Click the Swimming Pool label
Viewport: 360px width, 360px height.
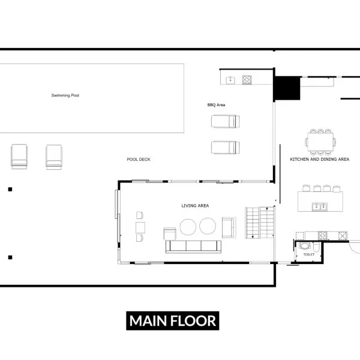(x=65, y=95)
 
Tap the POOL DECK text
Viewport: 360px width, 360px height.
(x=139, y=160)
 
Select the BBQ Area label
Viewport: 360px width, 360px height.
(x=216, y=105)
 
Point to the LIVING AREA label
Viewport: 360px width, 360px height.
(x=195, y=206)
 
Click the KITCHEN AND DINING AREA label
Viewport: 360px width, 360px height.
(x=320, y=160)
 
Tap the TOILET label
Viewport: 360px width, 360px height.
(x=309, y=254)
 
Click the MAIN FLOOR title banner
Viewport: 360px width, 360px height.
(x=173, y=321)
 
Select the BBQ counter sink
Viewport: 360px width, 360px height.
(x=230, y=80)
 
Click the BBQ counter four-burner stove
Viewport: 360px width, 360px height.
(x=247, y=80)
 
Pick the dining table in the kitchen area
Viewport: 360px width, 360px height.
(x=320, y=142)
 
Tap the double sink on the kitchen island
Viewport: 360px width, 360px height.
(x=320, y=206)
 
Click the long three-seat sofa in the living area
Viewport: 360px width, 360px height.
(x=193, y=247)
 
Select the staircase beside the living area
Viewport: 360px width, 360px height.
(x=260, y=223)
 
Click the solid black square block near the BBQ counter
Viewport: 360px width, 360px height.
(x=287, y=88)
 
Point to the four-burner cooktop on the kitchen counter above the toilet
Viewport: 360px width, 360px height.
(x=322, y=236)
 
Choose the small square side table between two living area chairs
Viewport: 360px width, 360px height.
(x=140, y=227)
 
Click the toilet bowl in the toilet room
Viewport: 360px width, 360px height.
(x=305, y=246)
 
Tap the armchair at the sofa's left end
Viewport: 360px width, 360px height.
(x=170, y=234)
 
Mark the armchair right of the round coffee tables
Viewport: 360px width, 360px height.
(x=229, y=228)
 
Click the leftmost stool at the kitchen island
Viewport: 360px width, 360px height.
(x=306, y=188)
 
